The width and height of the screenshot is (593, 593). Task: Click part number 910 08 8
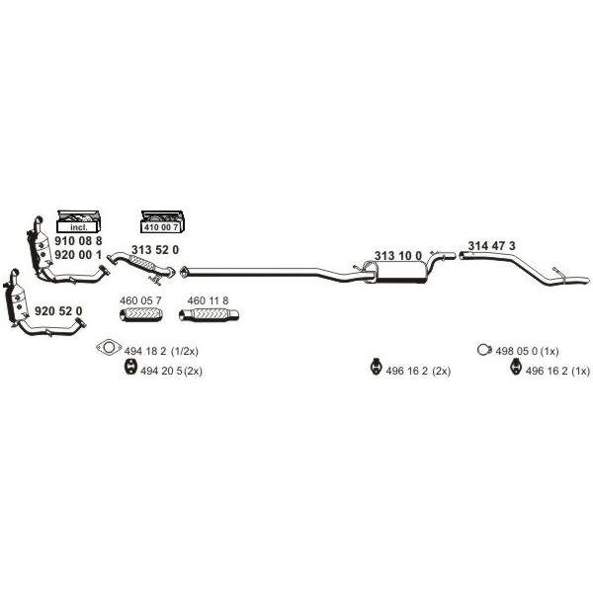point(78,241)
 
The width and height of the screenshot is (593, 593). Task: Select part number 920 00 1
point(78,255)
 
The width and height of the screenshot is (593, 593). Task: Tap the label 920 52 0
point(58,311)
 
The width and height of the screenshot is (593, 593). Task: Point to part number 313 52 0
point(155,250)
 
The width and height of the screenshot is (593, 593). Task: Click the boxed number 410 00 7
point(161,227)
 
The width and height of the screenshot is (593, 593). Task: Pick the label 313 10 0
point(398,256)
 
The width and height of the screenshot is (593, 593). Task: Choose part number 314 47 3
point(491,246)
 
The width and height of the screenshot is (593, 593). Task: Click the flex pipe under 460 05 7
point(141,314)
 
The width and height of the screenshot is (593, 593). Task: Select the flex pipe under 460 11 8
point(209,315)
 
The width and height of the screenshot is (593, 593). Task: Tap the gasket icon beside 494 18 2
point(109,347)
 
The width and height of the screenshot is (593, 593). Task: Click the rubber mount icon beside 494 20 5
point(130,368)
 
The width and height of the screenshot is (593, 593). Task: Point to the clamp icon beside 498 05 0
point(484,350)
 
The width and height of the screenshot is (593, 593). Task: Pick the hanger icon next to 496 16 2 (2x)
point(376,367)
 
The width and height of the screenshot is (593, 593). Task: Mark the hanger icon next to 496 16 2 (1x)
point(515,367)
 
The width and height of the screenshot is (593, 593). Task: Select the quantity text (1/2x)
point(185,351)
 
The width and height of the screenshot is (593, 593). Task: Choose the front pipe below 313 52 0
point(141,264)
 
